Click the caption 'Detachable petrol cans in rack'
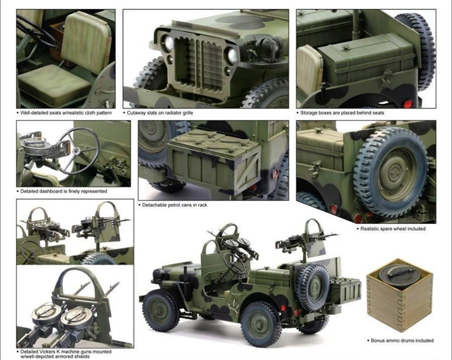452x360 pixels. point(176,205)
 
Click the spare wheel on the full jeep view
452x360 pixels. point(313,284)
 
